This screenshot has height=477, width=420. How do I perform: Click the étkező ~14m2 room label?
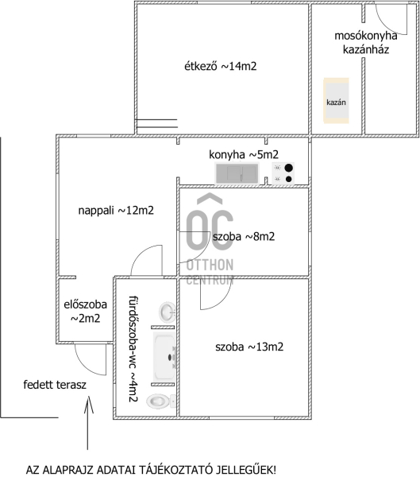pyautogui.click(x=221, y=66)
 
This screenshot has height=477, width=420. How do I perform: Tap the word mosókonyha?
pyautogui.click(x=365, y=36)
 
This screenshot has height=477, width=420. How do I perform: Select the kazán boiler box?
pyautogui.click(x=336, y=101)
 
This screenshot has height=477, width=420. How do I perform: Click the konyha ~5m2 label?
pyautogui.click(x=244, y=154)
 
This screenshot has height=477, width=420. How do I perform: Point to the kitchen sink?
pyautogui.click(x=237, y=173)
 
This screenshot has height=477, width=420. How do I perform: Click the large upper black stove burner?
pyautogui.click(x=288, y=168)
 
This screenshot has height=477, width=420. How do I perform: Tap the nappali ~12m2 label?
pyautogui.click(x=116, y=210)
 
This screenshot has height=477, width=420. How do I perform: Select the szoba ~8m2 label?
pyautogui.click(x=244, y=236)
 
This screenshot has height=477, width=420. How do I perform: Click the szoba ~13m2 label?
pyautogui.click(x=249, y=347)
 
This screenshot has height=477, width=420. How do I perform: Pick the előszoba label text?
pyautogui.click(x=86, y=304)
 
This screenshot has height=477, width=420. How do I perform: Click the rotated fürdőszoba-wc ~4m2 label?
pyautogui.click(x=133, y=349)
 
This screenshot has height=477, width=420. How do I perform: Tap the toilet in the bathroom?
pyautogui.click(x=160, y=401)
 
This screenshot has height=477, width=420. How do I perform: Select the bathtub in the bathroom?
pyautogui.click(x=164, y=356)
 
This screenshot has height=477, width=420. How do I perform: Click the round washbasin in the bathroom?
pyautogui.click(x=167, y=312)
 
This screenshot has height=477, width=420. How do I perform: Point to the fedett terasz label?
pyautogui.click(x=55, y=385)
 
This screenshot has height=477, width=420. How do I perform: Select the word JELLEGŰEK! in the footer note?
pyautogui.click(x=246, y=470)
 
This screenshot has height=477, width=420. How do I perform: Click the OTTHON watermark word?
pyautogui.click(x=210, y=265)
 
